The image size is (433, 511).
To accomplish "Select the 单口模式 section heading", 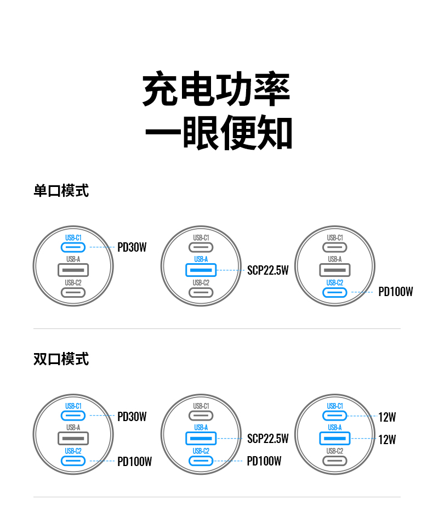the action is tap(61, 191).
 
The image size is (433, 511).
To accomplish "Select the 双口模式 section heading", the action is tap(61, 359).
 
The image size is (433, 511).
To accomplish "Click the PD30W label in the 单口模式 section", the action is tap(132, 247).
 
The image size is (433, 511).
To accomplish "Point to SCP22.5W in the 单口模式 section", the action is tap(267, 270).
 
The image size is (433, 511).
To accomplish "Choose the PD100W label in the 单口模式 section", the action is tap(395, 292).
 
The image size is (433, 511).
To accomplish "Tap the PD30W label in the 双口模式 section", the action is tap(132, 417).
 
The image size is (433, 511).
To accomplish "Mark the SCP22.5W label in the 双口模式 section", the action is tap(267, 439).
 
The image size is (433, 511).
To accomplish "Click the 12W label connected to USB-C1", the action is tap(387, 417).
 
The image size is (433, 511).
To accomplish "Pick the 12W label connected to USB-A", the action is tap(387, 440).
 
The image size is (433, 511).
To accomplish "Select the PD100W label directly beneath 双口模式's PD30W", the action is tap(134, 462).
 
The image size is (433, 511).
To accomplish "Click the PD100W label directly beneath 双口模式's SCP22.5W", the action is tap(264, 461).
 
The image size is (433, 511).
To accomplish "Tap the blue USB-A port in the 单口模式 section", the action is tap(201, 270).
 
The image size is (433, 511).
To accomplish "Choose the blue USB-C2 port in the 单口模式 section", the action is tap(335, 292).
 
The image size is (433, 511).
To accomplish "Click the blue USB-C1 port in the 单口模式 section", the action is tap(73, 247).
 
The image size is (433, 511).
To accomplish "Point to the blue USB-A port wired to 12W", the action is tap(335, 438).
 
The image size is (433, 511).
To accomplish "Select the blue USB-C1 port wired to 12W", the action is tap(335, 416).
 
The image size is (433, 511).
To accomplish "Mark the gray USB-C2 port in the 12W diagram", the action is tap(335, 461).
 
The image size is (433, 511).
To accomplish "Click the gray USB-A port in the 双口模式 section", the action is tap(73, 438).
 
